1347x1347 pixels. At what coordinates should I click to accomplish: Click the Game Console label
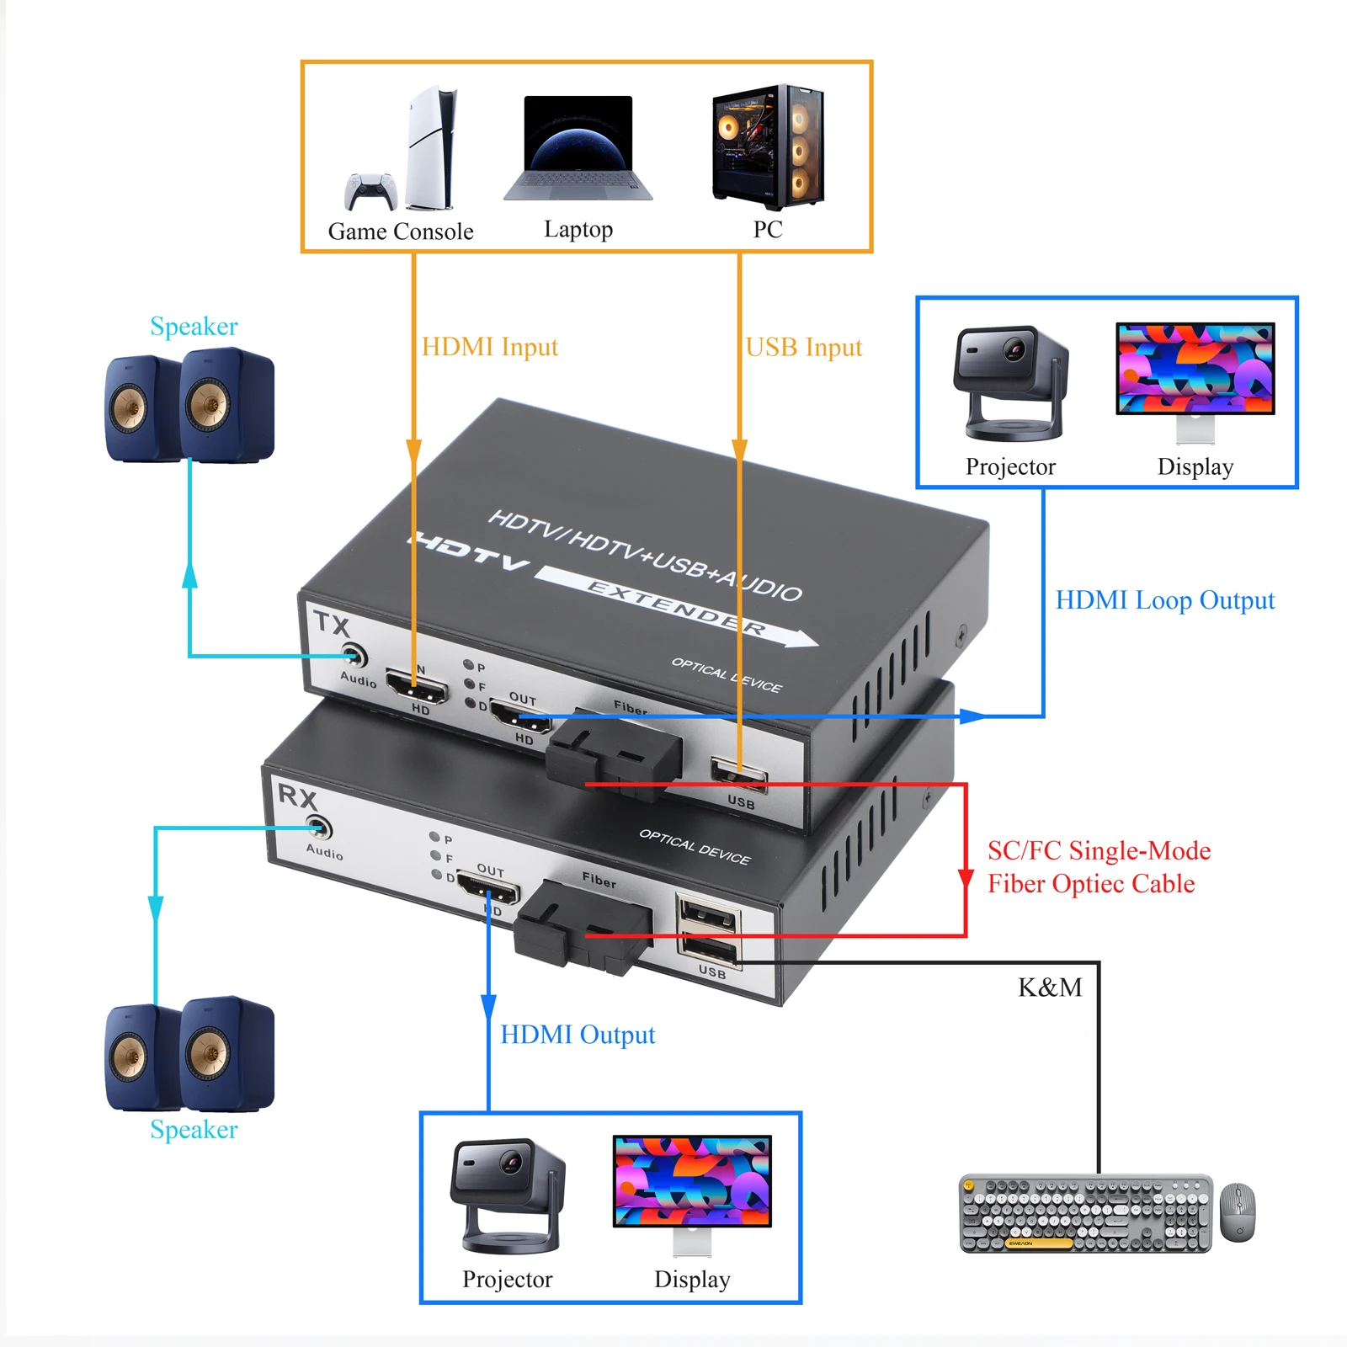click(x=401, y=232)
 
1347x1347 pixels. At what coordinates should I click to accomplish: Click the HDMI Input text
click(x=489, y=347)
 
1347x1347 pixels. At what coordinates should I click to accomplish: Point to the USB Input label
click(x=804, y=348)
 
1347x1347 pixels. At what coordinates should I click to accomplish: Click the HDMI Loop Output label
click(x=1164, y=600)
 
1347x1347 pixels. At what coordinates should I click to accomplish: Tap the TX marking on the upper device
click(x=331, y=625)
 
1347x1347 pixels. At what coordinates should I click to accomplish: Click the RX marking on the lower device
click(x=297, y=796)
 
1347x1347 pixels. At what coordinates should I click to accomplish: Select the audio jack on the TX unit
click(x=354, y=655)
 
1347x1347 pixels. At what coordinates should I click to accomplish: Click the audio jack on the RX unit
click(x=318, y=828)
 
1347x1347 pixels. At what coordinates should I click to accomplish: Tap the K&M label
click(x=1050, y=988)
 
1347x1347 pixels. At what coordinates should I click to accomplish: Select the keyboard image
click(x=1085, y=1213)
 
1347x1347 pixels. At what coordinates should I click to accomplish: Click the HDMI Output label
click(x=578, y=1035)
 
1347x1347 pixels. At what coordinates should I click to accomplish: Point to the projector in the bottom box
click(x=508, y=1195)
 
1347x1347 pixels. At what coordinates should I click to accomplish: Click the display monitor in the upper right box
click(x=1195, y=370)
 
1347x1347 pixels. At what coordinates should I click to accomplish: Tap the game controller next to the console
click(x=370, y=192)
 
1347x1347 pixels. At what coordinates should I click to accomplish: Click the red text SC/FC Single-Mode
click(x=1099, y=851)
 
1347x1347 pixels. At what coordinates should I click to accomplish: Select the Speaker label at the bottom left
click(x=194, y=1130)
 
